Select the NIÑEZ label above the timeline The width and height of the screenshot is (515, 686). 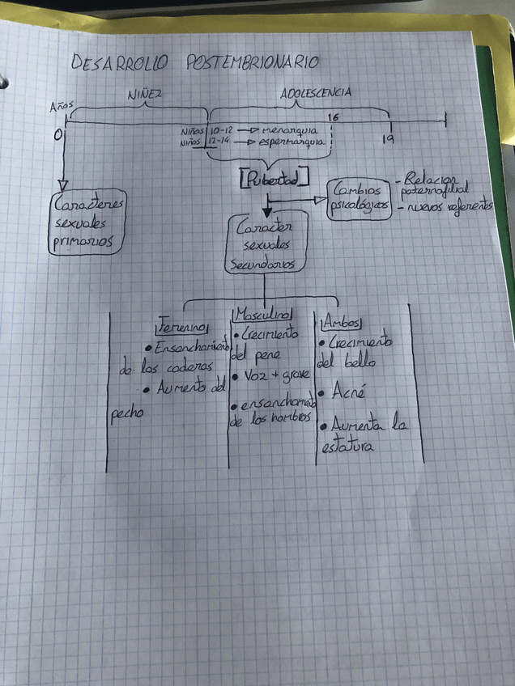146,95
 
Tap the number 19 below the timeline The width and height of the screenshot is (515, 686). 388,140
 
